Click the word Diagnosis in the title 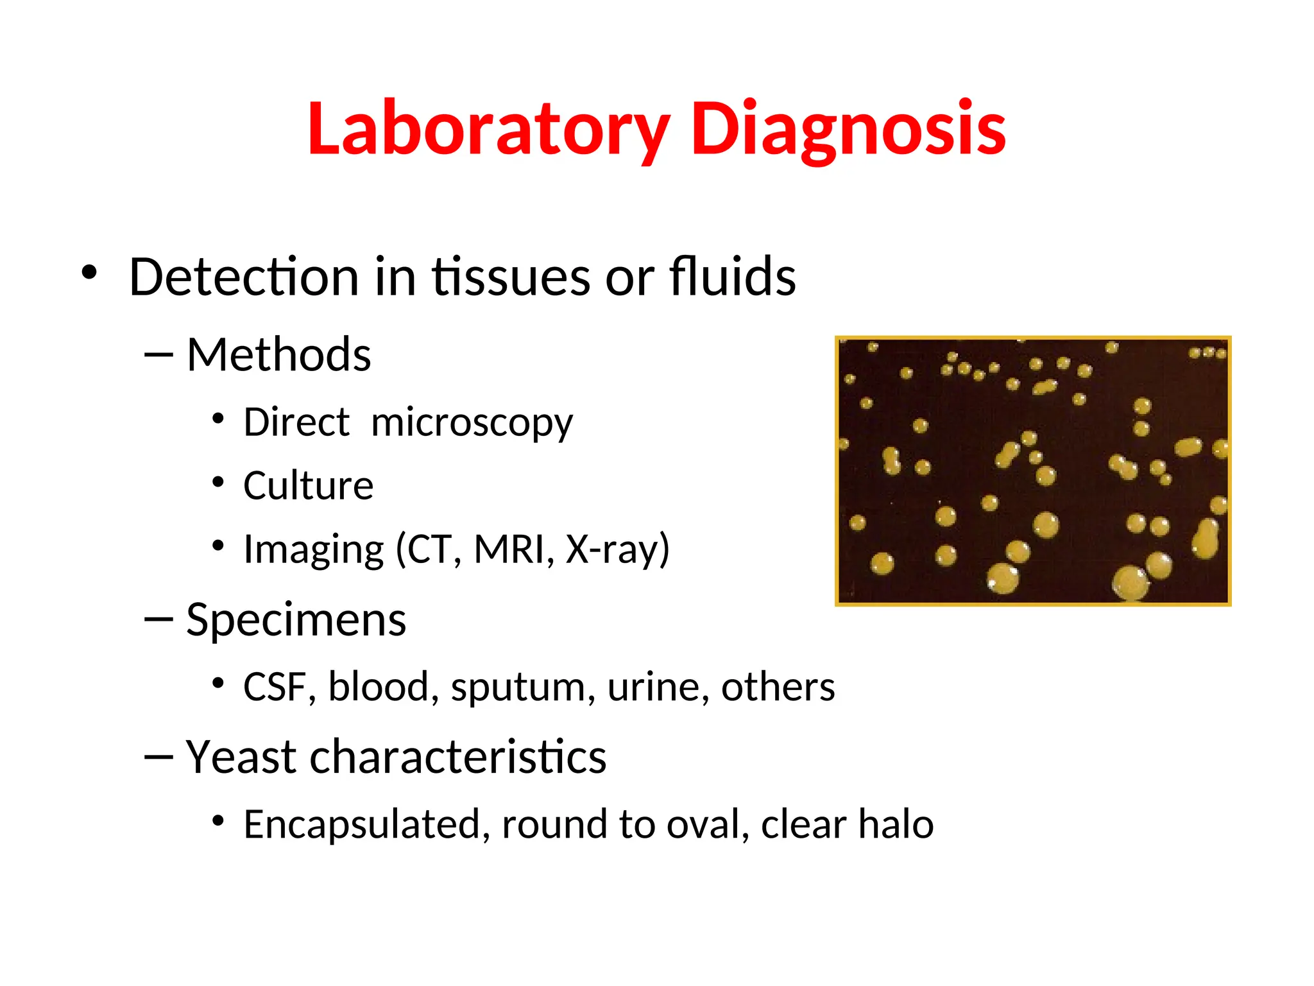[848, 130]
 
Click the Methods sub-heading [278, 355]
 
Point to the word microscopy [472, 424]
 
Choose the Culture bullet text [308, 486]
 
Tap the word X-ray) [617, 549]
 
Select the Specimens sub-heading [296, 620]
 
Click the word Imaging [313, 551]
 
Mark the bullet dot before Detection [89, 273]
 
